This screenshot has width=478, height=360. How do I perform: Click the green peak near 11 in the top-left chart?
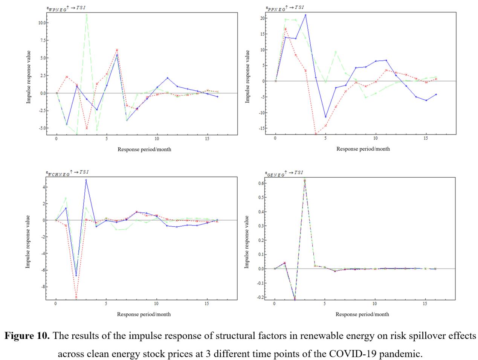tap(87, 15)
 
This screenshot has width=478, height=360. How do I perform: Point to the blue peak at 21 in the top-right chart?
tap(305, 15)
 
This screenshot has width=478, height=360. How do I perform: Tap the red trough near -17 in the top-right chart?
tap(316, 134)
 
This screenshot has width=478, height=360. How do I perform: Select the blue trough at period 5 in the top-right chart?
tap(326, 117)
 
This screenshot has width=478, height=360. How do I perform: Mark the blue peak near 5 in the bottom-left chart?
tap(86, 180)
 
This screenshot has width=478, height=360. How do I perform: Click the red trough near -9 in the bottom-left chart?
tap(76, 297)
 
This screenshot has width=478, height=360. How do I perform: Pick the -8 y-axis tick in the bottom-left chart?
tap(42, 287)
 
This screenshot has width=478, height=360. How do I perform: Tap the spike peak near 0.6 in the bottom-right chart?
tap(304, 180)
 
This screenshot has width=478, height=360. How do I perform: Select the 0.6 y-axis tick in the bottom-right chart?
tap(260, 183)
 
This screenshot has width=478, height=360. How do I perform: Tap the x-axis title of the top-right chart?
tap(363, 149)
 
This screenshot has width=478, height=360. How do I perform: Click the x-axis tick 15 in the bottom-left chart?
tap(207, 304)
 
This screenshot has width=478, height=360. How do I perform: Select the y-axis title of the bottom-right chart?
tap(247, 242)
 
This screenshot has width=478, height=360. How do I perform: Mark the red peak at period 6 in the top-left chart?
tap(117, 50)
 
